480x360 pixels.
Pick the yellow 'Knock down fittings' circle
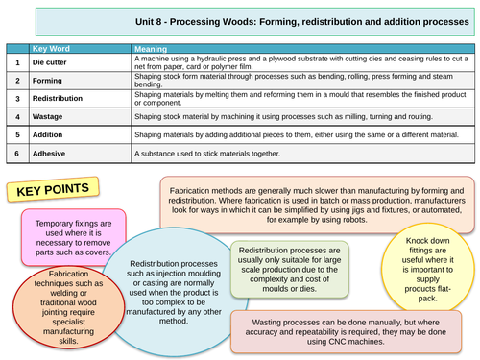click(x=429, y=247)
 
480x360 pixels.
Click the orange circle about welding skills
click(x=59, y=305)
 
